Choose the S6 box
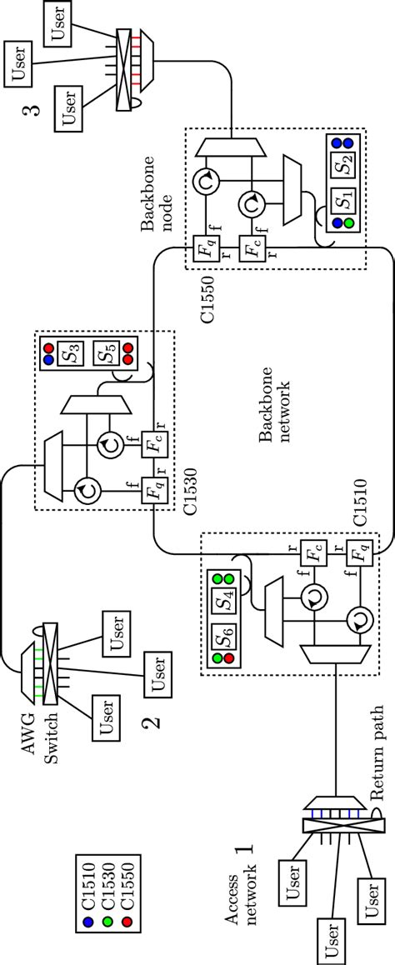pyautogui.click(x=223, y=642)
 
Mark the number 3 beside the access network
pyautogui.click(x=38, y=110)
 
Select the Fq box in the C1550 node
pyautogui.click(x=203, y=248)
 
